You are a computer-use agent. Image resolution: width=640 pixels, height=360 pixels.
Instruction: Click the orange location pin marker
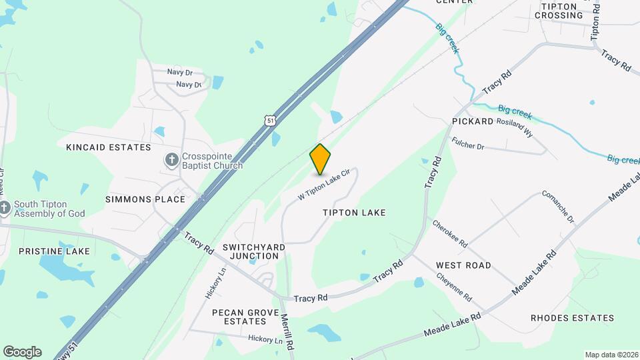pyautogui.click(x=321, y=159)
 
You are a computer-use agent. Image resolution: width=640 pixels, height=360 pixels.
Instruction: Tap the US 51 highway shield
pyautogui.click(x=268, y=120)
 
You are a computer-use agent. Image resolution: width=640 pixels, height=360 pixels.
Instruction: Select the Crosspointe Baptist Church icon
pyautogui.click(x=171, y=160)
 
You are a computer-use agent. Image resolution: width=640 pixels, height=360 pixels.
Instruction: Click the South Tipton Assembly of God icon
pyautogui.click(x=5, y=207)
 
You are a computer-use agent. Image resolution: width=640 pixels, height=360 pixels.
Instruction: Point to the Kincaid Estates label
pyautogui.click(x=109, y=147)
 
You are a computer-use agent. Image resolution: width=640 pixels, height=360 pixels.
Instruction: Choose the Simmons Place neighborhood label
pyautogui.click(x=145, y=199)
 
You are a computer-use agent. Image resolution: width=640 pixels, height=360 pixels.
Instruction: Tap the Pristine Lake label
pyautogui.click(x=54, y=251)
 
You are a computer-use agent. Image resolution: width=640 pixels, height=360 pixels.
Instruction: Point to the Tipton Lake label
pyautogui.click(x=354, y=213)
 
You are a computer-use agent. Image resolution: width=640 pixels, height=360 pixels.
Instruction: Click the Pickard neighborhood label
pyautogui.click(x=472, y=121)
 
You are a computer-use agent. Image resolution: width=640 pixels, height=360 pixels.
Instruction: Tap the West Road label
pyautogui.click(x=463, y=265)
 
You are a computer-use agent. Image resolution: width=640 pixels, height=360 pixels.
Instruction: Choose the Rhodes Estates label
pyautogui.click(x=572, y=318)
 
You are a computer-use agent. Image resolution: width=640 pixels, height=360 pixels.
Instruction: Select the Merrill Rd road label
pyautogui.click(x=287, y=333)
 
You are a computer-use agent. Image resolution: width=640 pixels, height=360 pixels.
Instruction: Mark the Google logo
pyautogui.click(x=22, y=352)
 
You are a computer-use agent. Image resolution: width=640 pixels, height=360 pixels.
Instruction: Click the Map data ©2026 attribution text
pyautogui.click(x=611, y=355)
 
